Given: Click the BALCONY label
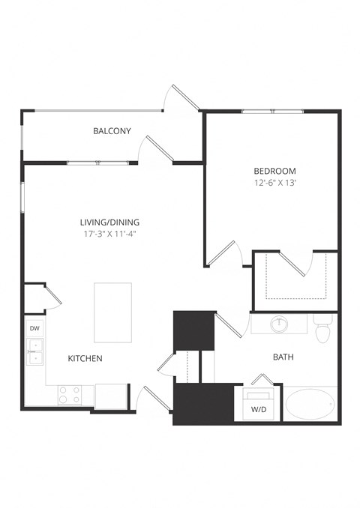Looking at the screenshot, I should click(x=112, y=131).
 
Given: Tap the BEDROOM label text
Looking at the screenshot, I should click(x=274, y=170).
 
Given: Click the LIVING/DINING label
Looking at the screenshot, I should click(x=110, y=222).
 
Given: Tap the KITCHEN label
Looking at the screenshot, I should click(x=85, y=358).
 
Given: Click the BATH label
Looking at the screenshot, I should click(x=282, y=357).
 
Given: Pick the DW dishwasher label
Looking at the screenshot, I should click(x=34, y=329).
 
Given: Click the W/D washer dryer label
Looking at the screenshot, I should click(x=259, y=410).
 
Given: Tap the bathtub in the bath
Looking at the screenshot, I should click(x=310, y=405).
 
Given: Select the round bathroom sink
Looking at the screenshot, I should click(x=280, y=324).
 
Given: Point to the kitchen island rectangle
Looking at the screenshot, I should click(x=112, y=311).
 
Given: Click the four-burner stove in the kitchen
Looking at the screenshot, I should click(x=70, y=395).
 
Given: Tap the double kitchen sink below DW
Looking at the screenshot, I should click(x=34, y=351).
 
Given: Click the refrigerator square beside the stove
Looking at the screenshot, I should click(x=110, y=396).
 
